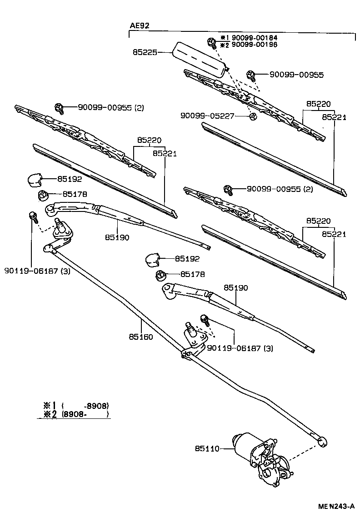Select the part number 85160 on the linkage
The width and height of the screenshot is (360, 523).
point(140,337)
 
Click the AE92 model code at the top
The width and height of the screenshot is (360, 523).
point(140,26)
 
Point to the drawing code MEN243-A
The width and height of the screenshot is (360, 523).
point(335,506)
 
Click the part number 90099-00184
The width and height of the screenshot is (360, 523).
point(254,38)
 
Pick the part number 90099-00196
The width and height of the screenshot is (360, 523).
point(254,45)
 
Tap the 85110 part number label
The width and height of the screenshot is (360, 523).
point(207,449)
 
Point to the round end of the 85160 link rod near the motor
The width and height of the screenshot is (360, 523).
point(322,440)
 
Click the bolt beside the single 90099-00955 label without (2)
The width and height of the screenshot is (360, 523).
point(250,75)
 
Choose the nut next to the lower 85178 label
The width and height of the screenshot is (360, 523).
point(161,275)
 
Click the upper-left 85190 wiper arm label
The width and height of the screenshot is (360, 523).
point(117,237)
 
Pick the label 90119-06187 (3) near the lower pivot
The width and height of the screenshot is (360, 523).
point(240,348)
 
